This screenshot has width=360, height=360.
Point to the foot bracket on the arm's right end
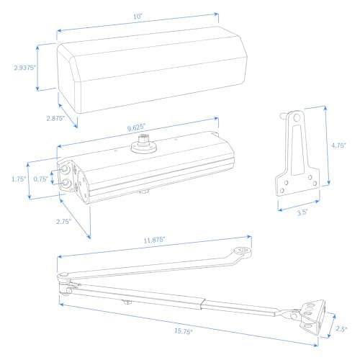(x=310, y=312)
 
